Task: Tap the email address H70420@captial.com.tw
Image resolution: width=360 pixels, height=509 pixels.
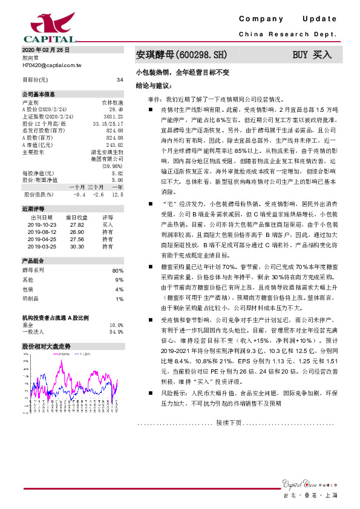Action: click(51, 63)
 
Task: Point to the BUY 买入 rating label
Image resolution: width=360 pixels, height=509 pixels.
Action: click(312, 54)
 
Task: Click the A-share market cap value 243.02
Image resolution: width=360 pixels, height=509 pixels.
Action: click(114, 145)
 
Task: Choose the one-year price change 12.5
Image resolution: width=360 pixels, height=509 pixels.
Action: click(118, 195)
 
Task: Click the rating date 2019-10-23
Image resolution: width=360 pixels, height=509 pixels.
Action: click(42, 224)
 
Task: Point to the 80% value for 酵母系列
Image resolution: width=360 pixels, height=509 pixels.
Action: click(118, 271)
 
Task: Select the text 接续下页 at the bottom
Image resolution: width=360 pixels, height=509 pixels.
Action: click(228, 439)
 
